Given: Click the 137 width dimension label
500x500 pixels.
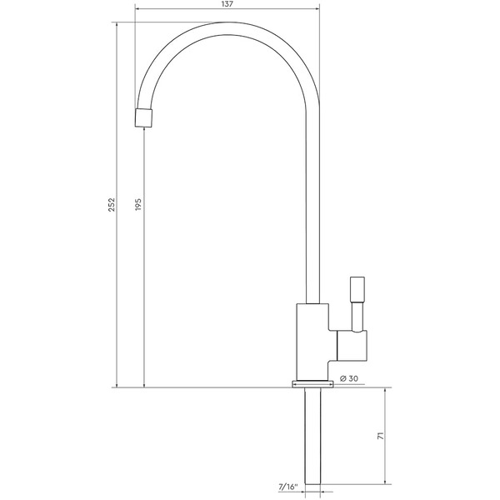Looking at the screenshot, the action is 227,4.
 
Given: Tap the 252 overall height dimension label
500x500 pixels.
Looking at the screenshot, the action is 112,205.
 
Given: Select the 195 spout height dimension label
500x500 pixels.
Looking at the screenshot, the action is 138,204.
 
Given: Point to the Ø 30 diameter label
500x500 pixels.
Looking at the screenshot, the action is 349,378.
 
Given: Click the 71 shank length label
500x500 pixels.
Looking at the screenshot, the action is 381,436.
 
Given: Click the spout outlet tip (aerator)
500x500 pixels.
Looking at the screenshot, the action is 144,118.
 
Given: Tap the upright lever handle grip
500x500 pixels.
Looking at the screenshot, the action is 357,289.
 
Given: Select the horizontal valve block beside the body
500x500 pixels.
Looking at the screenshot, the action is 352,346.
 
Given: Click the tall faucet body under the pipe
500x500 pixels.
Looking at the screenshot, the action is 312,342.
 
